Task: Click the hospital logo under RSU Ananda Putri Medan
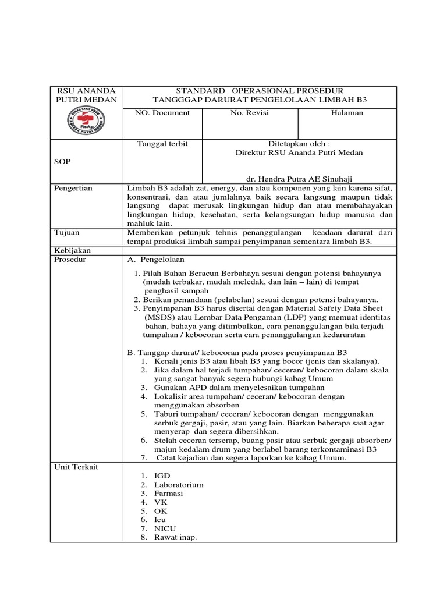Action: (86, 121)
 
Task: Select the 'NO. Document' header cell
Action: (162, 113)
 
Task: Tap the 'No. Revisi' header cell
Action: (249, 113)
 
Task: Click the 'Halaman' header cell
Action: (347, 113)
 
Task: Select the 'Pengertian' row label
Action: (73, 189)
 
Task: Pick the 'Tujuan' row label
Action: (66, 232)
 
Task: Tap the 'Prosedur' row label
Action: (70, 259)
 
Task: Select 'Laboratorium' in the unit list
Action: (179, 484)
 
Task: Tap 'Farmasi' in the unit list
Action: (169, 493)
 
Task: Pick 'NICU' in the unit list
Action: (165, 528)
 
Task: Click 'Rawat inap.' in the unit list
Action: (175, 537)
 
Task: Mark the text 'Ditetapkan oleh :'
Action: (299, 143)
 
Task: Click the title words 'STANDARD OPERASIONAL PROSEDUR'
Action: (259, 91)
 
